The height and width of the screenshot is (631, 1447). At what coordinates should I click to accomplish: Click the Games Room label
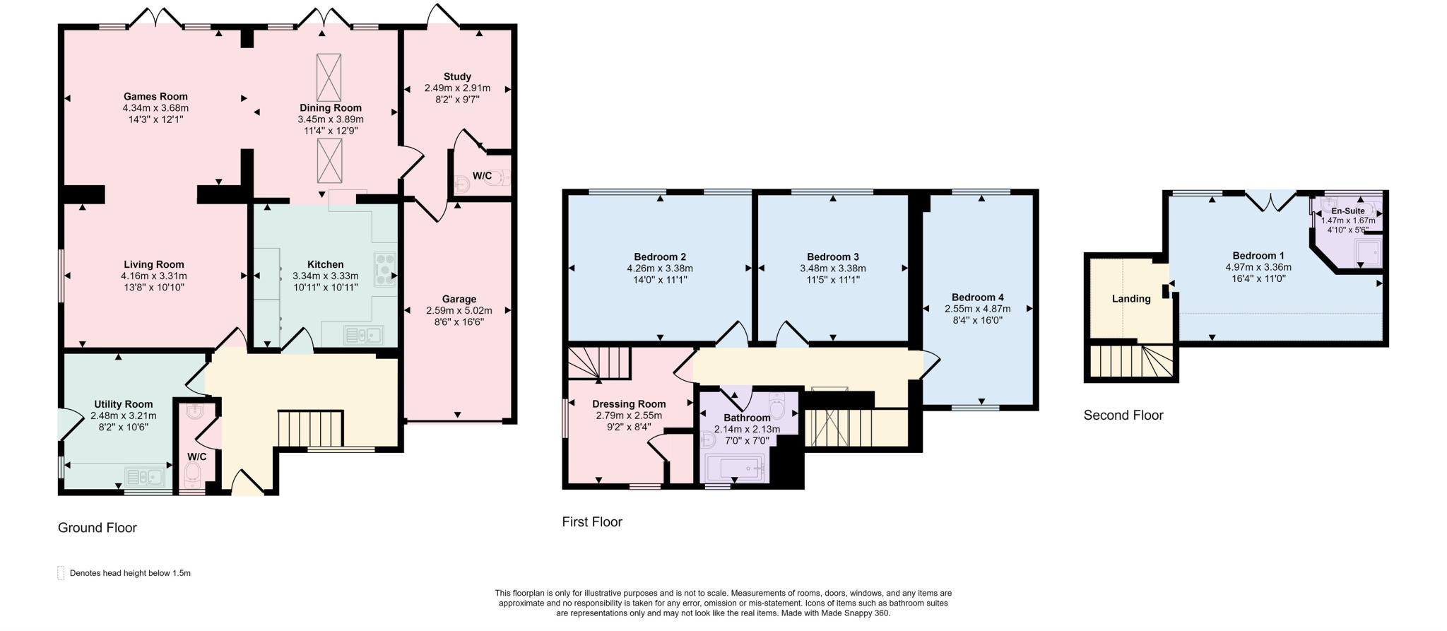pyautogui.click(x=155, y=97)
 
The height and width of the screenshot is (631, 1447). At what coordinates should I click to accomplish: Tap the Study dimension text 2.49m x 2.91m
pyautogui.click(x=457, y=88)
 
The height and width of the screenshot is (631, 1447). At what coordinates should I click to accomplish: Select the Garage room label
pyautogui.click(x=459, y=299)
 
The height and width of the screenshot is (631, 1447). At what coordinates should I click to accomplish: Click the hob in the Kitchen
pyautogui.click(x=386, y=269)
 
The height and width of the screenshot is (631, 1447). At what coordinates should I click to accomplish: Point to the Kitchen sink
pyautogui.click(x=363, y=335)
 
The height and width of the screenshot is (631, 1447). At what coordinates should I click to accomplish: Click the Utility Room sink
pyautogui.click(x=144, y=478)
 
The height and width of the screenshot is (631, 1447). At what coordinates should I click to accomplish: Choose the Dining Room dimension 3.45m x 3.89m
pyautogui.click(x=331, y=119)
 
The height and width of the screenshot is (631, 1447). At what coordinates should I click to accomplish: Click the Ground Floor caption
pyautogui.click(x=98, y=528)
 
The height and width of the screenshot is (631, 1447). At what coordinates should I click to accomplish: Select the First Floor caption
pyautogui.click(x=592, y=522)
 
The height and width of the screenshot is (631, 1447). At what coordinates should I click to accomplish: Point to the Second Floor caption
pyautogui.click(x=1123, y=415)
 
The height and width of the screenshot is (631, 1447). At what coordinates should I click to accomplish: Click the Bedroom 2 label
pyautogui.click(x=660, y=257)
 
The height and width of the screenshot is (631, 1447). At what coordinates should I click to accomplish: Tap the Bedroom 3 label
pyautogui.click(x=833, y=257)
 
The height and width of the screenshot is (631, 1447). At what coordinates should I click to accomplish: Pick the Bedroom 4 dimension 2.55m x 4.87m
pyautogui.click(x=978, y=309)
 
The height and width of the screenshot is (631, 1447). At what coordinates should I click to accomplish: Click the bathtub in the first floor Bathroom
pyautogui.click(x=736, y=468)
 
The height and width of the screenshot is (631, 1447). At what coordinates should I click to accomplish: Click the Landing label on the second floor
pyautogui.click(x=1131, y=299)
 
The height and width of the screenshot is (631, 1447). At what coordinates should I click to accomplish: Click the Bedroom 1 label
pyautogui.click(x=1258, y=256)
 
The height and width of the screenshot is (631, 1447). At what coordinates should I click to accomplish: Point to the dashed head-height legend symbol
pyautogui.click(x=61, y=573)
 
